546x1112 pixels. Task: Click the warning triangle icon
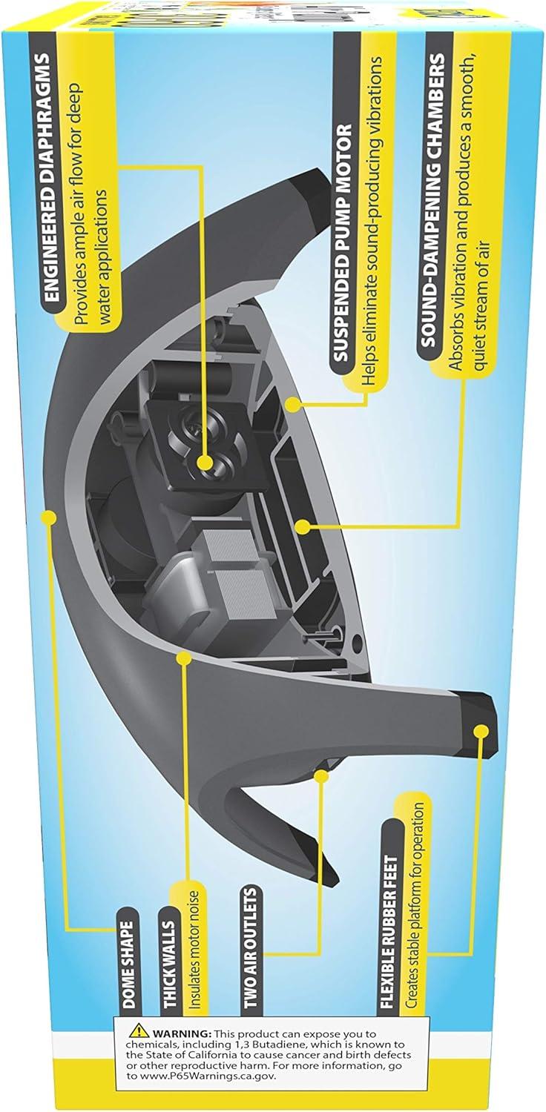[x=138, y=1033]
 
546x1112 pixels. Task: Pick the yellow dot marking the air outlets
[x=321, y=775]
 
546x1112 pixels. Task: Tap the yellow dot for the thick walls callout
[x=185, y=657]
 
